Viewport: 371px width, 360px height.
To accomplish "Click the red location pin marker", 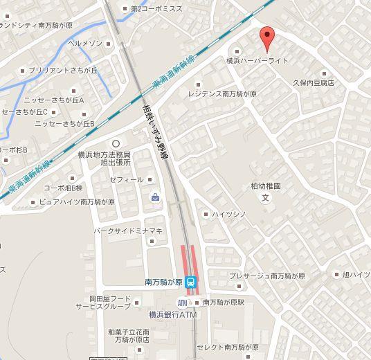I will coord(266,36).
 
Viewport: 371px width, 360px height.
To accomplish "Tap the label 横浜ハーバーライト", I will coord(257,61).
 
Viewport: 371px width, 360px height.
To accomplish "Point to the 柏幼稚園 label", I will coord(265,186).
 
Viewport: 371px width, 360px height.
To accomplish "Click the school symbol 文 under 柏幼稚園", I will coord(265,197).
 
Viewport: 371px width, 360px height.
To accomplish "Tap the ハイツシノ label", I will coord(228,215).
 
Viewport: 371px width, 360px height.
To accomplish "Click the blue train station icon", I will coord(191,282).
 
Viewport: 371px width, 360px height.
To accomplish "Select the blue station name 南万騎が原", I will coord(163,282).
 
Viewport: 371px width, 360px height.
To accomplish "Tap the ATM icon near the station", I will coord(183,303).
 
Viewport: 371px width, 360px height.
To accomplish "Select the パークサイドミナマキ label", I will coord(128,231).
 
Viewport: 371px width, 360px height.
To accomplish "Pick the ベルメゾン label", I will coord(85,43).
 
